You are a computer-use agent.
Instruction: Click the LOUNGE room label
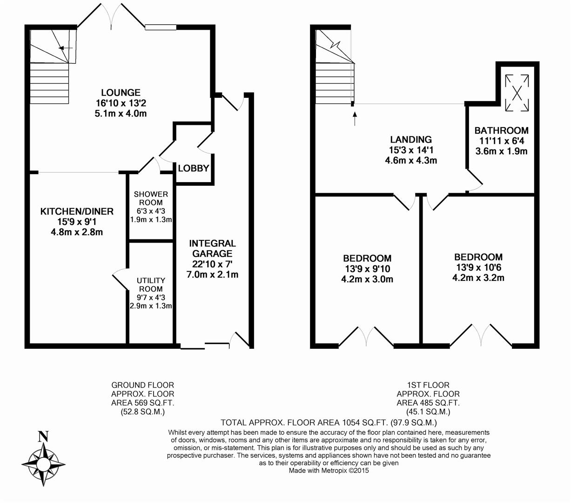(x=121, y=93)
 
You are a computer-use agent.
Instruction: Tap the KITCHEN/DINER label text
(x=77, y=211)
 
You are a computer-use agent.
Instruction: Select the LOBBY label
(x=193, y=169)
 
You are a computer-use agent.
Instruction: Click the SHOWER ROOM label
(x=151, y=198)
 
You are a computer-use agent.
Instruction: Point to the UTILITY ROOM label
(x=151, y=285)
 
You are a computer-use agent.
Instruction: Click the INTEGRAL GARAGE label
(x=212, y=248)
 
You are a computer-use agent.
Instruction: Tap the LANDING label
(x=411, y=139)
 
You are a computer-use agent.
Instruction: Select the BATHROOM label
(x=501, y=130)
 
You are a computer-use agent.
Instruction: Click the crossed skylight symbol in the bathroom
(x=517, y=93)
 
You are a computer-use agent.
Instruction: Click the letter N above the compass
(x=43, y=436)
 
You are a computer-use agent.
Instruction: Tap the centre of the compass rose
(x=43, y=464)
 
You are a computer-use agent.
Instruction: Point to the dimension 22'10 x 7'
(x=212, y=264)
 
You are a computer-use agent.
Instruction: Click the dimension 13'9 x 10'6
(x=478, y=267)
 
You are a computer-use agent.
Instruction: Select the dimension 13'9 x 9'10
(x=367, y=269)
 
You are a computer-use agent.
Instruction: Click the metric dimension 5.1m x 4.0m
(x=121, y=114)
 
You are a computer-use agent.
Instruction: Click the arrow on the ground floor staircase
(x=66, y=48)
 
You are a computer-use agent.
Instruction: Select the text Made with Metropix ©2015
(x=329, y=470)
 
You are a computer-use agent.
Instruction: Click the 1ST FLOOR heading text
(x=428, y=385)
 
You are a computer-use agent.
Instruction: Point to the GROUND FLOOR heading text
(x=142, y=385)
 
